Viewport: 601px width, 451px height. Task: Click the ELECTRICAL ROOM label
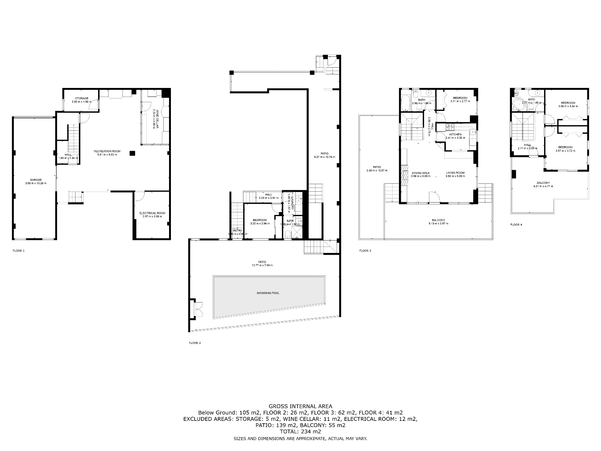[152, 213]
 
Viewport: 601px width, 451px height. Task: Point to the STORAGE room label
[82, 98]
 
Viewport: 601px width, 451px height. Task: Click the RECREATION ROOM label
[107, 151]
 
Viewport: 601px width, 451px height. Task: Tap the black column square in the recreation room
[132, 153]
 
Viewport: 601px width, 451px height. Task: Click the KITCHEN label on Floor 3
[455, 135]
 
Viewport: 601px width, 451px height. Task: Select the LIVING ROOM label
[455, 173]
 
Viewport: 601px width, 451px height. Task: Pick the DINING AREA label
[420, 173]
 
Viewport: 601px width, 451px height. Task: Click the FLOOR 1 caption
[18, 251]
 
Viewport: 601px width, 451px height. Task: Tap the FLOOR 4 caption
[516, 225]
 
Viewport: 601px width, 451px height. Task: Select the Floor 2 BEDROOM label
[260, 220]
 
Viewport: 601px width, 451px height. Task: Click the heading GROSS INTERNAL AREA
[300, 406]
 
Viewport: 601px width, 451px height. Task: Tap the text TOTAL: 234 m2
[300, 432]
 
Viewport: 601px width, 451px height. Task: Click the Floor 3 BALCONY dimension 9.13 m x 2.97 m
[438, 224]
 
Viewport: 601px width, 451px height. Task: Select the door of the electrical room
[139, 195]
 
